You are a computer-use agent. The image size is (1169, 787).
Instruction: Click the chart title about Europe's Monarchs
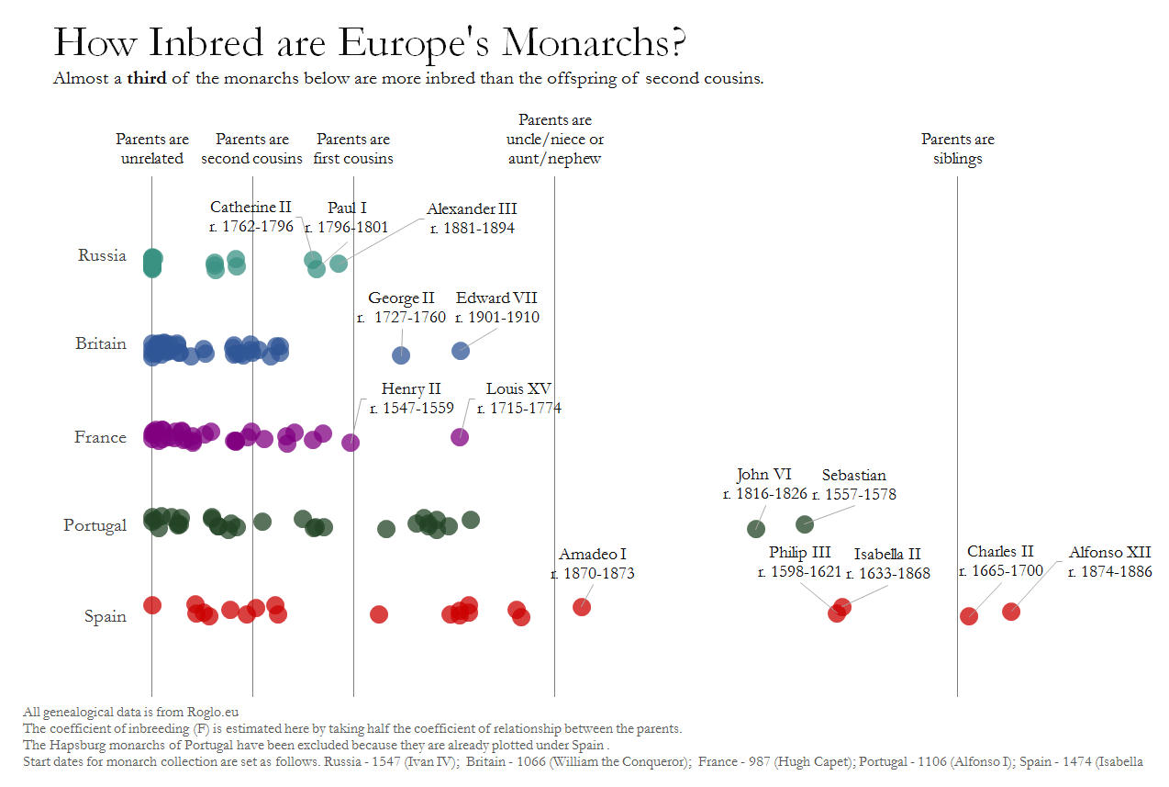point(371,43)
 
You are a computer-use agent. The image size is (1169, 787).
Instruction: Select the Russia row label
point(102,255)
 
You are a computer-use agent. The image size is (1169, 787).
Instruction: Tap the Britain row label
point(101,343)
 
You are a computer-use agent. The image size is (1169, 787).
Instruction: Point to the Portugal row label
point(95,525)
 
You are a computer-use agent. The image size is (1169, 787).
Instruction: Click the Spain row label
point(105,616)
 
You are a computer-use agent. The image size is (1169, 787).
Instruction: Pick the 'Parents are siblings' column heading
point(957,149)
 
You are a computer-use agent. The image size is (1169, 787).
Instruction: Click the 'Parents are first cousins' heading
point(353,149)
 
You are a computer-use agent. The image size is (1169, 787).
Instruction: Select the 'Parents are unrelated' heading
point(152,149)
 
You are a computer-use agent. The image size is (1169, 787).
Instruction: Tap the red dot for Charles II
point(968,615)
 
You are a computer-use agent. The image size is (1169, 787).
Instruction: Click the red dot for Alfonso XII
point(1011,611)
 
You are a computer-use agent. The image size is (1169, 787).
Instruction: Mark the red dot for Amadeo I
point(581,606)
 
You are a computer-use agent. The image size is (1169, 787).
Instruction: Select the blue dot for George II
point(401,355)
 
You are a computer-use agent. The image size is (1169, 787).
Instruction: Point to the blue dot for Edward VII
point(461,350)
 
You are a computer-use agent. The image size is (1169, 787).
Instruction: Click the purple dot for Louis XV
point(460,437)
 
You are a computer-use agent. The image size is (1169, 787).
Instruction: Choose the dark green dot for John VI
point(756,528)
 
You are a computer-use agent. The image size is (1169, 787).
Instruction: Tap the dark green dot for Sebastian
point(805,523)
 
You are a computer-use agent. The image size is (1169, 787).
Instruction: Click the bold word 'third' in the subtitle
point(147,78)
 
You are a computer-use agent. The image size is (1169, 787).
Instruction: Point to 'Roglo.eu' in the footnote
point(214,711)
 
